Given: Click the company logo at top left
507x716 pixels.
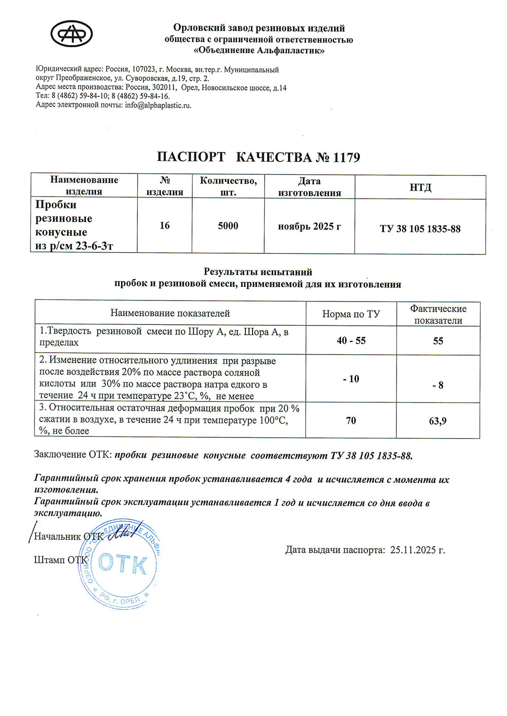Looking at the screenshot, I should point(71,34).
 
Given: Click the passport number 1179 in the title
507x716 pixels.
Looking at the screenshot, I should point(347,157).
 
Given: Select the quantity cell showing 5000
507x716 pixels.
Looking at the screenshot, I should point(228,226).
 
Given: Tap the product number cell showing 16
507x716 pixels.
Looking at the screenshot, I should point(165,225).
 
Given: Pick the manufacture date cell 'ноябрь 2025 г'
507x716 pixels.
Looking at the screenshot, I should point(309,227).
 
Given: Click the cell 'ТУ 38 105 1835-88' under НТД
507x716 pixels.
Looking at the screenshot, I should point(420,229).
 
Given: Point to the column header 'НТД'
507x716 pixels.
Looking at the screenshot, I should point(420,187).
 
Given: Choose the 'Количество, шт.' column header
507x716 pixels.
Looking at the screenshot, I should point(228,186).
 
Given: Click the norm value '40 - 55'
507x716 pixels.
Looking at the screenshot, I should point(351,341).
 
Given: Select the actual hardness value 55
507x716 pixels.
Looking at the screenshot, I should point(438,341).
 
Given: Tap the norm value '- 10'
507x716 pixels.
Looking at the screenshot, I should point(351,379).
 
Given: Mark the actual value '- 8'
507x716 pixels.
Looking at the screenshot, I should point(438,385).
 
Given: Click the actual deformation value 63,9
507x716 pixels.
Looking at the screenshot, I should point(438,421).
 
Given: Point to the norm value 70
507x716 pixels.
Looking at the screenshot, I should point(351,421).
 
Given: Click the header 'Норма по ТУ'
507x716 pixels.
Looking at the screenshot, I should point(351,314).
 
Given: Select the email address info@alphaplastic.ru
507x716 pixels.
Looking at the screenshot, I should point(158,105).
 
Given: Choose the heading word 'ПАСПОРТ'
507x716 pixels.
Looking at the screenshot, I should point(191,157).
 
